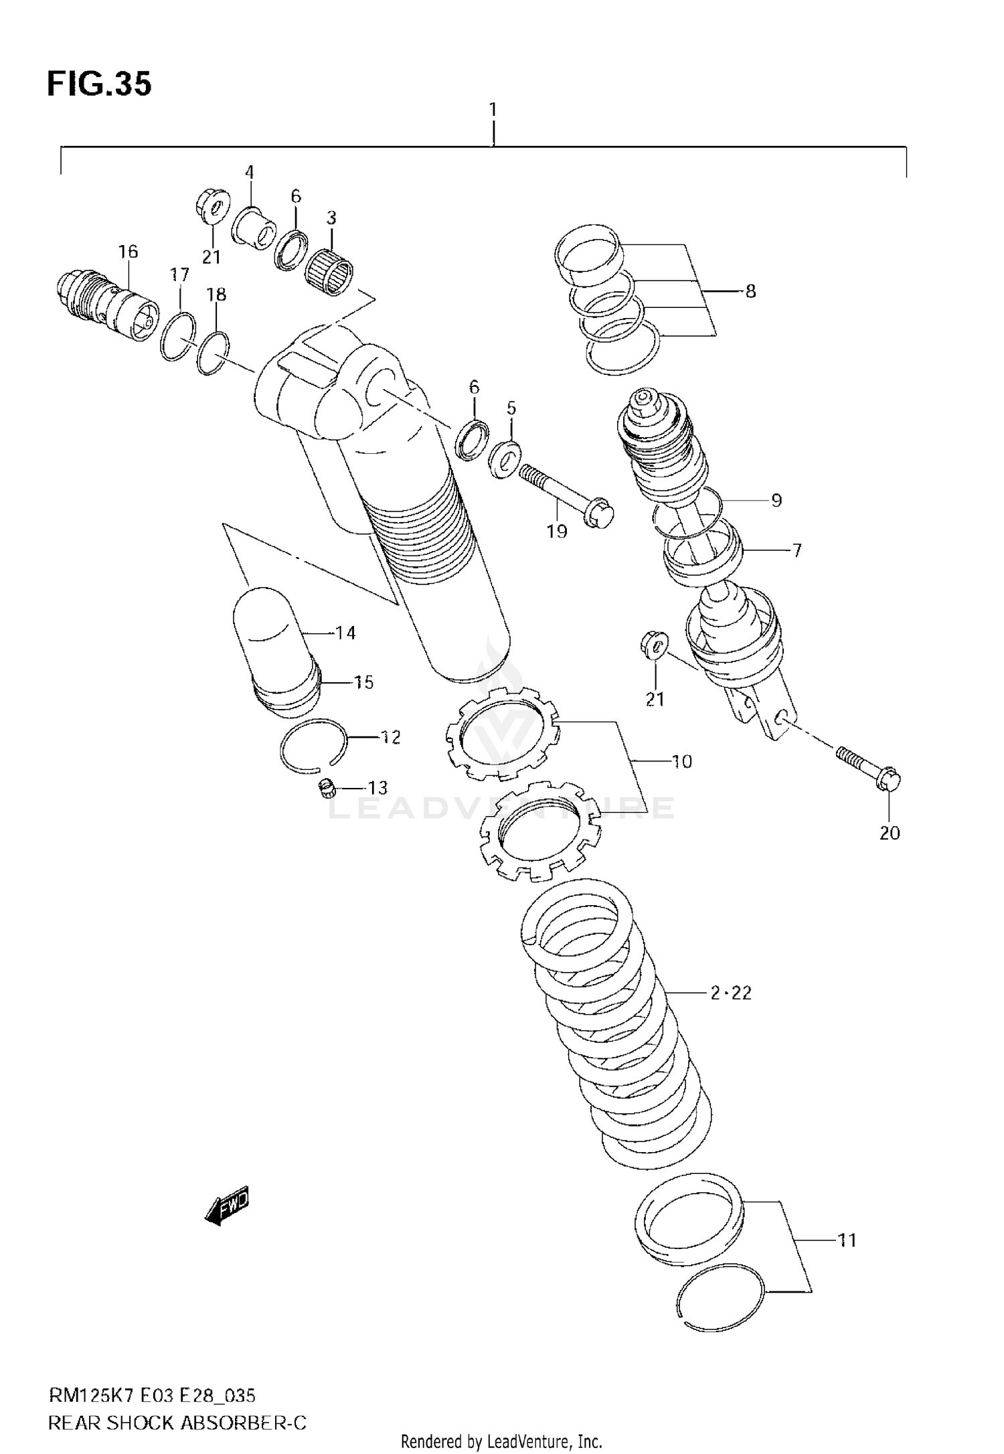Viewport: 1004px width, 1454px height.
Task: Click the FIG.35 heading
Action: coord(99,84)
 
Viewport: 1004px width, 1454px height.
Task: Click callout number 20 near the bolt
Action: coord(890,833)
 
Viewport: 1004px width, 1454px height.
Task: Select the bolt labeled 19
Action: coord(566,494)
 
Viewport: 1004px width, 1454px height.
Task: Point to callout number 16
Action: coord(128,251)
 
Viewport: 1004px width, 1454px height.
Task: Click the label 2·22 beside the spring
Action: coord(731,993)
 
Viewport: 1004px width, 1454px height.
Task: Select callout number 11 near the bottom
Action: coord(847,1240)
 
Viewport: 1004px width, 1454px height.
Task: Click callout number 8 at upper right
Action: coord(750,291)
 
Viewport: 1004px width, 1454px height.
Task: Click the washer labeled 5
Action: coord(505,459)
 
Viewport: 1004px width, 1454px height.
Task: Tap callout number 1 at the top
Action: coord(493,108)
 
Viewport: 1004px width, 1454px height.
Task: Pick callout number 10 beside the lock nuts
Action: coord(682,761)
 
